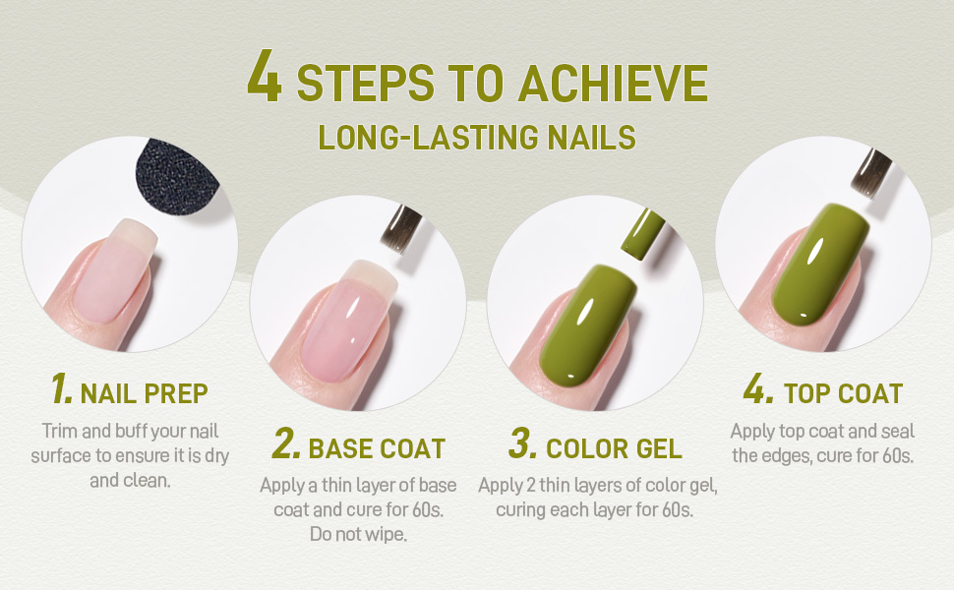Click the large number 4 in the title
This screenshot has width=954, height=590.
[x=264, y=76]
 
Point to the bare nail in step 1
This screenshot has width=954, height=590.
[x=112, y=270]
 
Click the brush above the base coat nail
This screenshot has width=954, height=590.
[x=401, y=229]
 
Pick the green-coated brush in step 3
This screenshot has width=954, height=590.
[x=642, y=234]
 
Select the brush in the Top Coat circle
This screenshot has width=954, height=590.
[x=871, y=173]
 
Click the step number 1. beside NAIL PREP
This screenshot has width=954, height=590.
[x=61, y=388]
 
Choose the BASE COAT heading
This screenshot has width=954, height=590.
[x=377, y=448]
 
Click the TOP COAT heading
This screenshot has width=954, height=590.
[x=843, y=394]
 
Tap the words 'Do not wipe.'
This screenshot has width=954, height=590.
[x=358, y=534]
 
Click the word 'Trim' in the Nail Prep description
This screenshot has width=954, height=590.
[x=60, y=432]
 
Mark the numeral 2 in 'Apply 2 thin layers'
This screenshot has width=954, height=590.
[x=531, y=486]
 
